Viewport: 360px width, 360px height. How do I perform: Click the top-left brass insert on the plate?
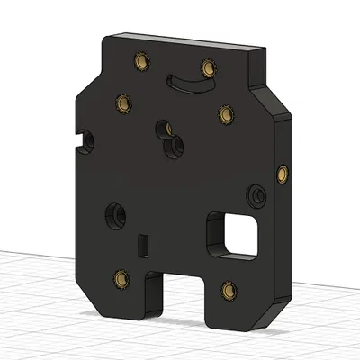point(139,61)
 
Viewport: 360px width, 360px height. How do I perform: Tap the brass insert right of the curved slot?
point(208,67)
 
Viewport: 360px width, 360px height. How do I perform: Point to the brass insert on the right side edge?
point(284,172)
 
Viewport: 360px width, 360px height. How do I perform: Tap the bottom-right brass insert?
point(226,290)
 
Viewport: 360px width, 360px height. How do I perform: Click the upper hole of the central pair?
point(164,129)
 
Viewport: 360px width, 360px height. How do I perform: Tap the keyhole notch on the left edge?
point(87,139)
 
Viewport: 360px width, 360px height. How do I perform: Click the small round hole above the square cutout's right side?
point(257,193)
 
